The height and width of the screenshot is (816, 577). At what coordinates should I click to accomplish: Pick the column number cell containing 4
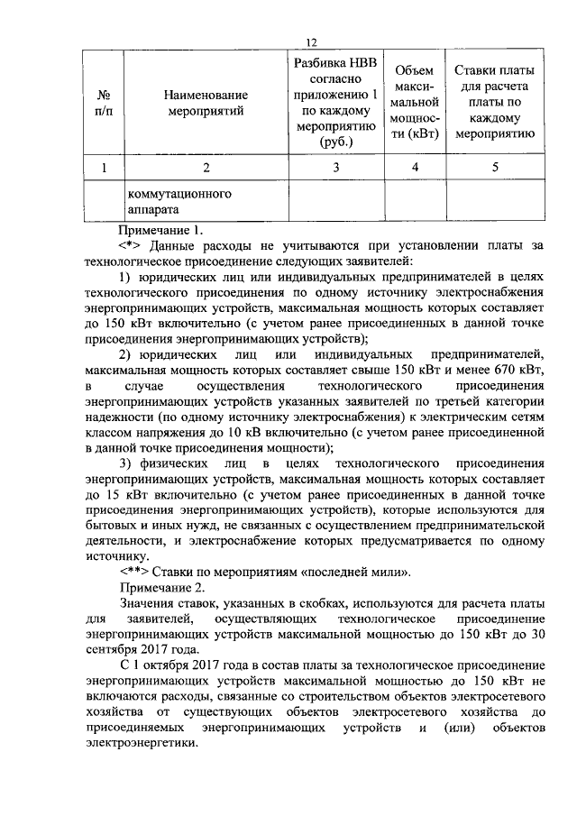coord(415,167)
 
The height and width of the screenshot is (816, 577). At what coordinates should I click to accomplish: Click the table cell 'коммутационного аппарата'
coord(179,202)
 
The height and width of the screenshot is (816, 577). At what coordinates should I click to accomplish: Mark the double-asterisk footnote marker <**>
coord(134,571)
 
